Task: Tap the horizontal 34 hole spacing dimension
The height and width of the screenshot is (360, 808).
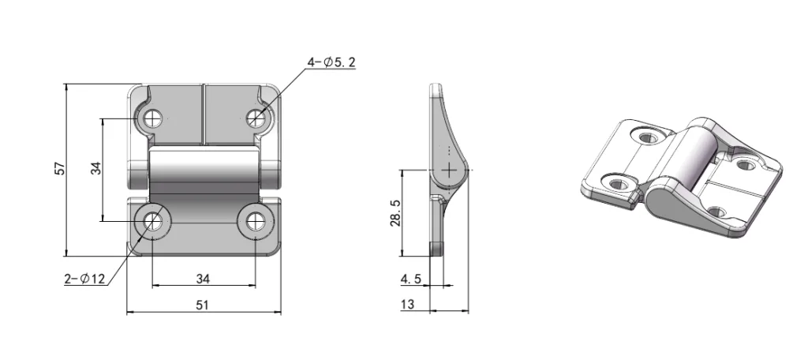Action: pyautogui.click(x=203, y=278)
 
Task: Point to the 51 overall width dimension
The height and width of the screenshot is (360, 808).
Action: pyautogui.click(x=203, y=306)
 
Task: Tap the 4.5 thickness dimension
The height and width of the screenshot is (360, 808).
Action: pyautogui.click(x=411, y=278)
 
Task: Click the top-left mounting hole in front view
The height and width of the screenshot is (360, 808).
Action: pyautogui.click(x=152, y=118)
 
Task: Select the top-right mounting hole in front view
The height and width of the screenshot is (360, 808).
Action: pyautogui.click(x=255, y=118)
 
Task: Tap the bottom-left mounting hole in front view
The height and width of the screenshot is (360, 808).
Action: pyautogui.click(x=152, y=222)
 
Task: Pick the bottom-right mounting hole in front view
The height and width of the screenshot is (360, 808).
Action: pyautogui.click(x=255, y=222)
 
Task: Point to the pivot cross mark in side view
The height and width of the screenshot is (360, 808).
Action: pyautogui.click(x=450, y=169)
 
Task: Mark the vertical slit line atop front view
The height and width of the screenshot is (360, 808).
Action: pyautogui.click(x=204, y=114)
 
